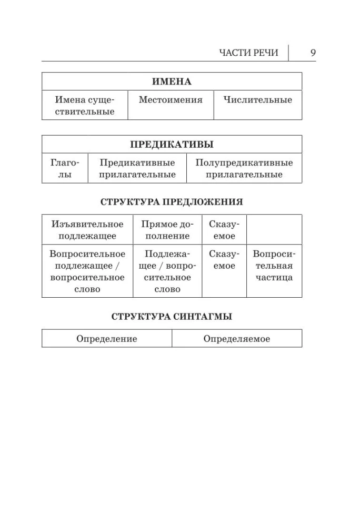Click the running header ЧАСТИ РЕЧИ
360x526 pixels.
click(252, 53)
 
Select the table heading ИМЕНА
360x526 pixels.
click(172, 82)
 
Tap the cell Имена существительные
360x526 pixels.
click(85, 105)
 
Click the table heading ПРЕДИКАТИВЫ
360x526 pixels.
click(172, 145)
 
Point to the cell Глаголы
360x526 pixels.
click(65, 168)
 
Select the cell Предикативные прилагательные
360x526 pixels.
click(137, 168)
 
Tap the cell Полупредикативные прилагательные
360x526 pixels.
click(244, 168)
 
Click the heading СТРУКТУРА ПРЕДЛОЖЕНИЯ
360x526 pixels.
click(172, 202)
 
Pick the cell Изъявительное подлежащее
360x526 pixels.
click(87, 230)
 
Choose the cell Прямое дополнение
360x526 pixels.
click(167, 230)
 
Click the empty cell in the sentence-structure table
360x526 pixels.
click(274, 229)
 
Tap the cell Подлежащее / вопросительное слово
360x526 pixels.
click(167, 271)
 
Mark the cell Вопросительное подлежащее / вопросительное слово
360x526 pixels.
click(87, 271)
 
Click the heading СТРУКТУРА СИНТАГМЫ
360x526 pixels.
click(172, 317)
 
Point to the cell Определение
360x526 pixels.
click(107, 339)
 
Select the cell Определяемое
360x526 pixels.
click(237, 339)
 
